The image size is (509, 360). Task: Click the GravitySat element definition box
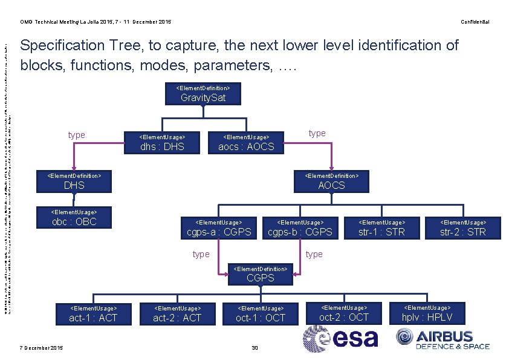(203, 94)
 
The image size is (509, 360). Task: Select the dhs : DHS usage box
(161, 142)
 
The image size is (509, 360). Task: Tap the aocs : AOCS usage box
(246, 142)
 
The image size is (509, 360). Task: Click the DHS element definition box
(76, 182)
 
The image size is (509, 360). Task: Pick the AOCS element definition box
(331, 182)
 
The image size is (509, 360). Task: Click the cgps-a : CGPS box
(219, 227)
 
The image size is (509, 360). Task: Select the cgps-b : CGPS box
(300, 227)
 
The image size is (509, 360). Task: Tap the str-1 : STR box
(381, 227)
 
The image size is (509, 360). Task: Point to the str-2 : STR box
(462, 227)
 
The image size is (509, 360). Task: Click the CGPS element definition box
(261, 273)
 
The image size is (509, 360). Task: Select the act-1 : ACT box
(93, 313)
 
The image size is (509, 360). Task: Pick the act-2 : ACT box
(177, 313)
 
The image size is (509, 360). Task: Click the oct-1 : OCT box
(261, 313)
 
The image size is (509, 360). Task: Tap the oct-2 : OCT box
(343, 313)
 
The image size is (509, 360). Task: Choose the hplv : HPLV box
(427, 313)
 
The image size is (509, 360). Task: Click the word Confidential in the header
(475, 22)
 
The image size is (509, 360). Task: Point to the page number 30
(254, 347)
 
